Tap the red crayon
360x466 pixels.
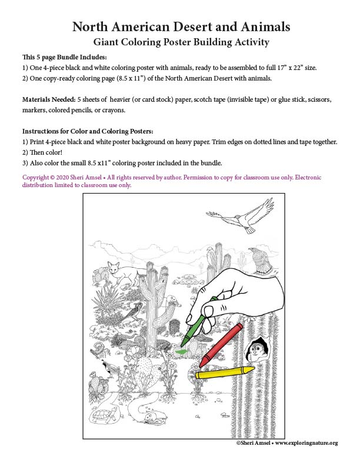[x=222, y=344]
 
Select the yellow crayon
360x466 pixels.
[x=224, y=372]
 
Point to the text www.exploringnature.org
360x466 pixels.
[x=306, y=442]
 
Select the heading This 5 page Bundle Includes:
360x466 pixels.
[x=65, y=57]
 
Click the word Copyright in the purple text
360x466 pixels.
[x=37, y=177]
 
